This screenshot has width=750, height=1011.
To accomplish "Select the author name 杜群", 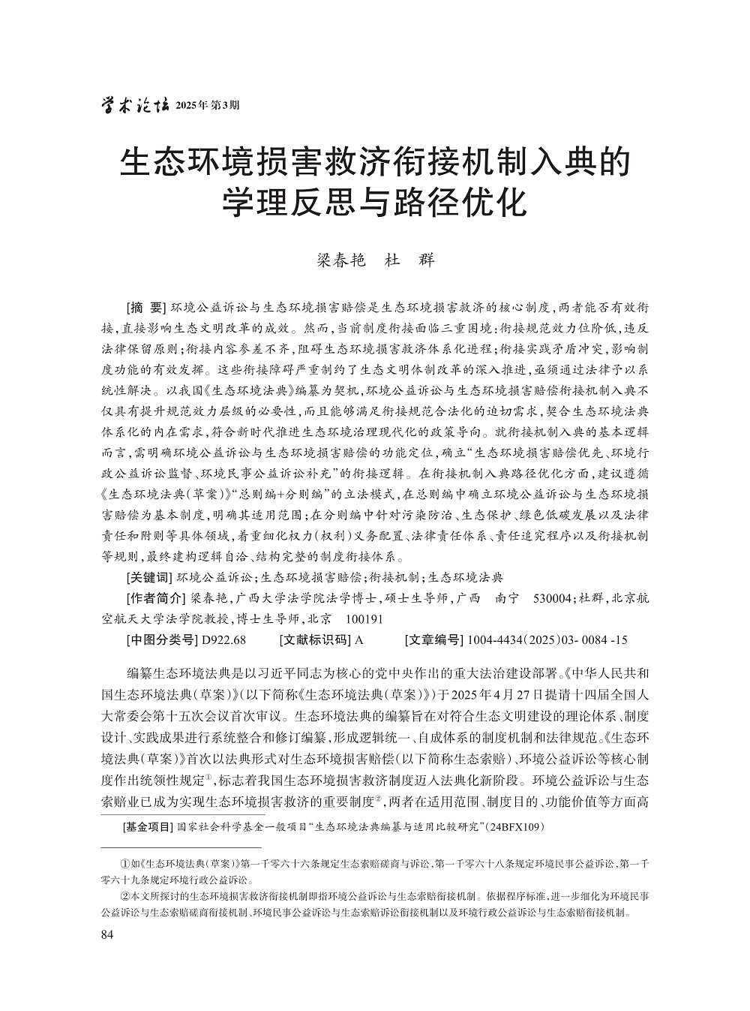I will tap(409, 260).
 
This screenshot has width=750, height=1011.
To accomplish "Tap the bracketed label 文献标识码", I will tap(314, 640).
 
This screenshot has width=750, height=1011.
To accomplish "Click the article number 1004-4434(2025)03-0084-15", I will tap(547, 640).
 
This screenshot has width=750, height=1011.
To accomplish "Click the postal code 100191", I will tap(364, 619).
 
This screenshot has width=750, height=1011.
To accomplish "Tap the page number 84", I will tap(106, 934).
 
